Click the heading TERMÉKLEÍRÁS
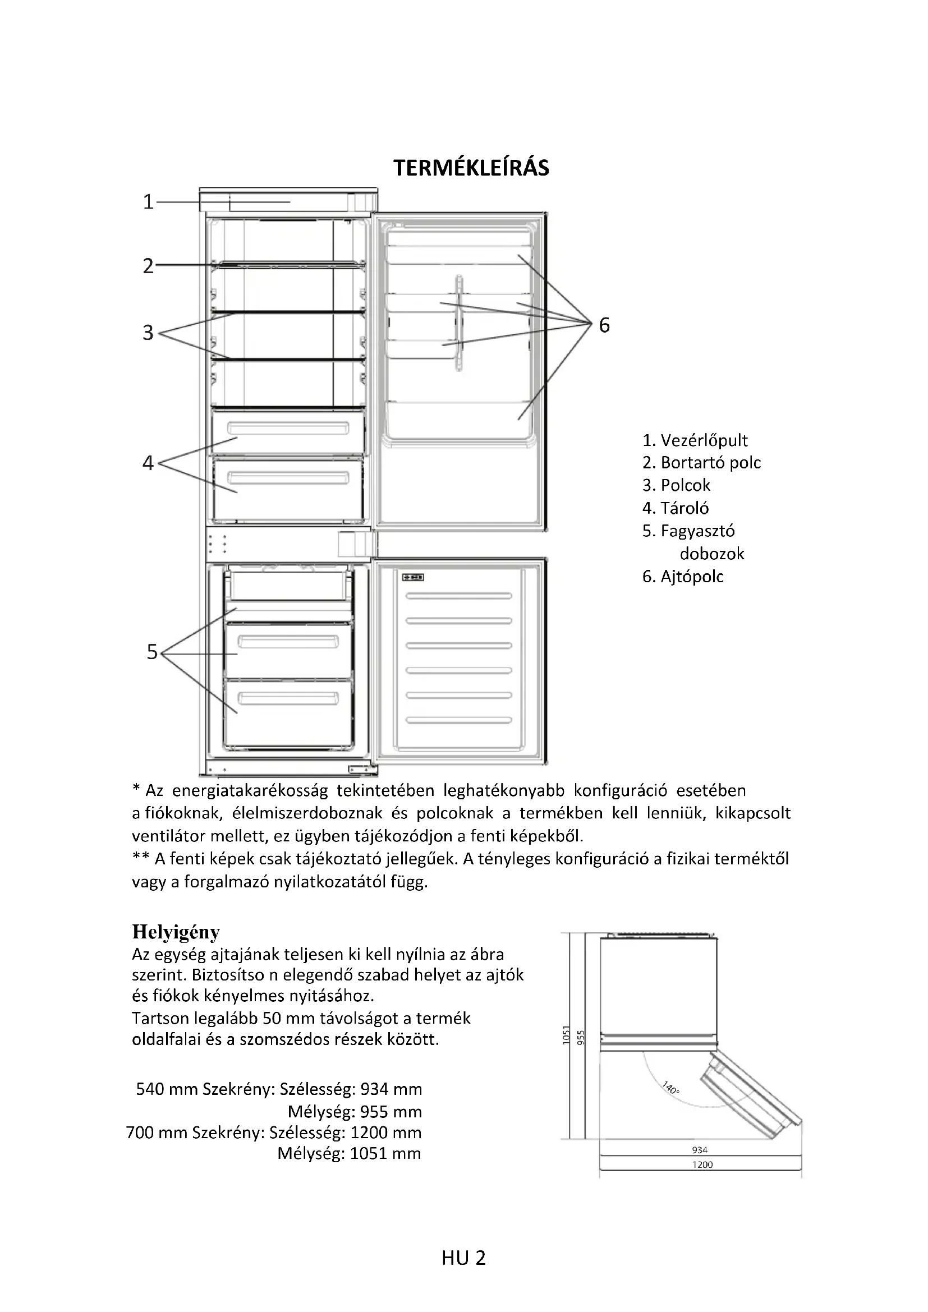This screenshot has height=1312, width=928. (x=471, y=168)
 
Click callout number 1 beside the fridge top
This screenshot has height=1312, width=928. (x=149, y=202)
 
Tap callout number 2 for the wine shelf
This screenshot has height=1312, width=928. (x=149, y=266)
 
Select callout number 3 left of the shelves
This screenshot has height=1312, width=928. (x=149, y=332)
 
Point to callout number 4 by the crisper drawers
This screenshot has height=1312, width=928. (x=149, y=463)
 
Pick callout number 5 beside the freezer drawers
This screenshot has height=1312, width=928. (x=152, y=652)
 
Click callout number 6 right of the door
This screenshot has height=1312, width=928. (x=605, y=325)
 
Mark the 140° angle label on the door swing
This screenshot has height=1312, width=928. (x=671, y=1088)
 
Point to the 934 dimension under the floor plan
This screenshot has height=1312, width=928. (x=700, y=1150)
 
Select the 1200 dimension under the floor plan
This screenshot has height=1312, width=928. (x=702, y=1164)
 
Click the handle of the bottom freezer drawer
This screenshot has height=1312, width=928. (x=288, y=698)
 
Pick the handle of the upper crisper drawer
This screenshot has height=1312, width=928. (x=288, y=428)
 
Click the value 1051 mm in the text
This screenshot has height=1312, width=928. (x=385, y=1153)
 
